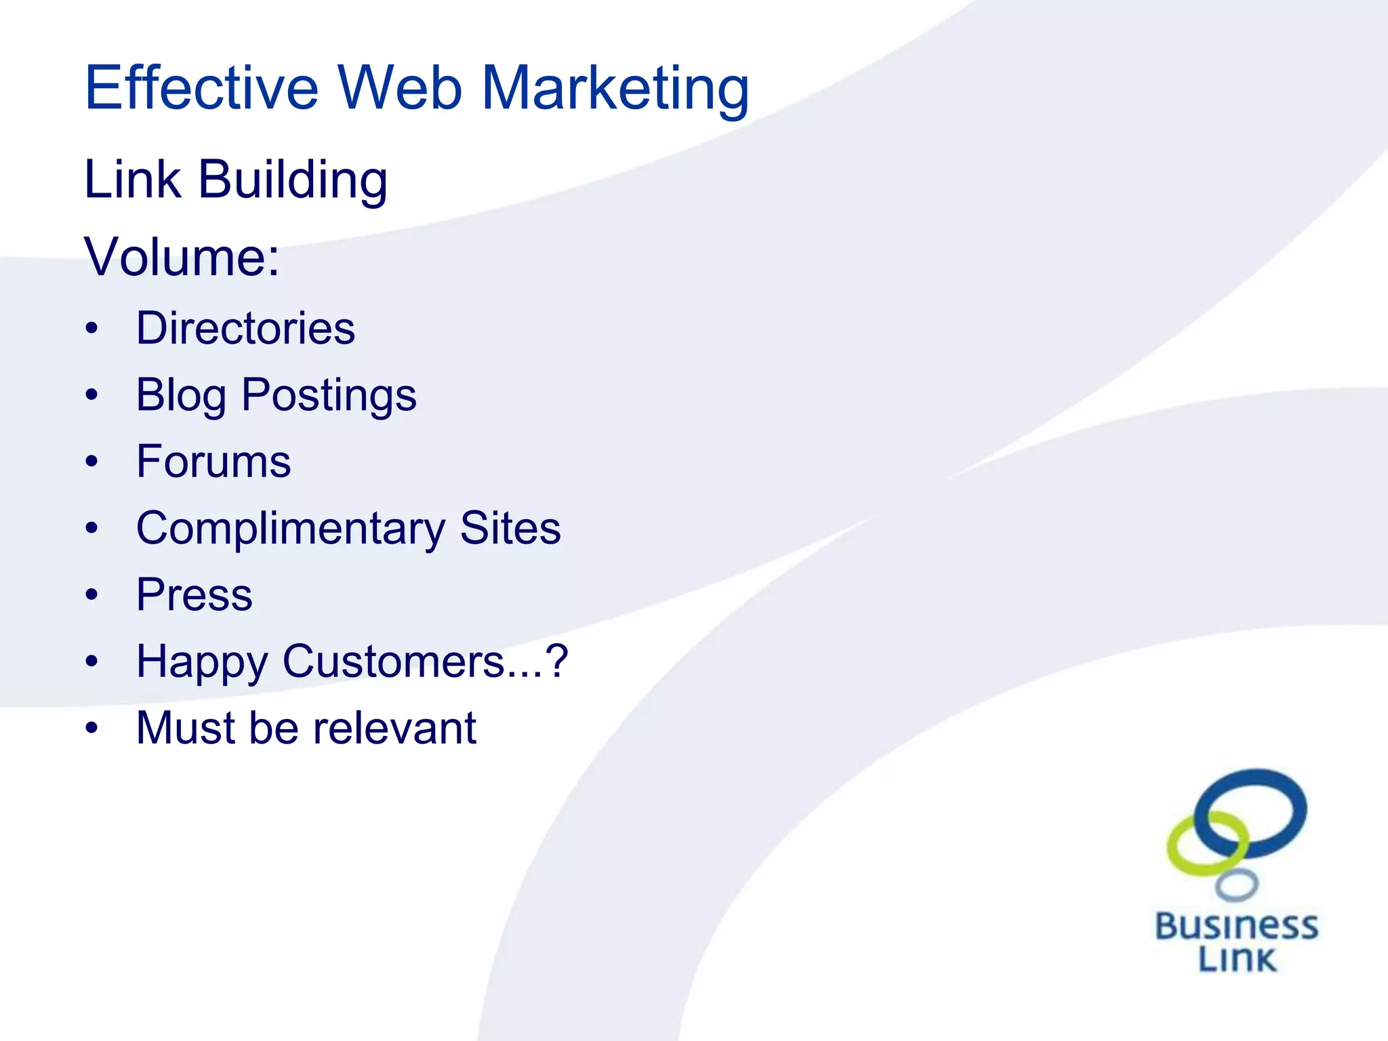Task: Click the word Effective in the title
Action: click(201, 88)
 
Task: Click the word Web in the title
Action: click(400, 88)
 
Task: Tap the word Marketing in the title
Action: click(615, 89)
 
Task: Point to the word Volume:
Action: click(182, 258)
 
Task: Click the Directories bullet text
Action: click(245, 329)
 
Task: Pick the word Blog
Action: click(181, 396)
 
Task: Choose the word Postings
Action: click(329, 396)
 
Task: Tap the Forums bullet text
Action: click(213, 462)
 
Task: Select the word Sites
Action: click(510, 528)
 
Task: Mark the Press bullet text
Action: click(195, 595)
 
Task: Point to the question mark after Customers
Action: click(557, 661)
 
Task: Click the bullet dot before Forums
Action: click(92, 462)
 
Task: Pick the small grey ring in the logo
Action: click(1237, 885)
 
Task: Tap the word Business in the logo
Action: click(1237, 926)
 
